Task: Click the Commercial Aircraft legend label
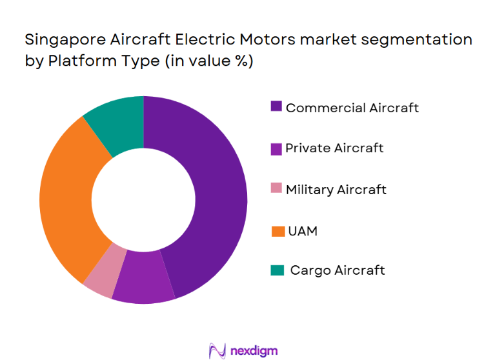pyautogui.click(x=352, y=108)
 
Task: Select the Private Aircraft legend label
pyautogui.click(x=334, y=148)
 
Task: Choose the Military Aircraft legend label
pyautogui.click(x=336, y=190)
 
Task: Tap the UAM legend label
pyautogui.click(x=302, y=230)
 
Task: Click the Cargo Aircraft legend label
pyautogui.click(x=337, y=270)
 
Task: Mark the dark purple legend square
pyautogui.click(x=276, y=107)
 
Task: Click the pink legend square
pyautogui.click(x=276, y=189)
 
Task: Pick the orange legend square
pyautogui.click(x=276, y=230)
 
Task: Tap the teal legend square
pyautogui.click(x=276, y=271)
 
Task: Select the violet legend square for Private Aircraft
pyautogui.click(x=276, y=148)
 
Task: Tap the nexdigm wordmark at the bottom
pyautogui.click(x=254, y=350)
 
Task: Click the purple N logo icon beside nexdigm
pyautogui.click(x=216, y=350)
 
